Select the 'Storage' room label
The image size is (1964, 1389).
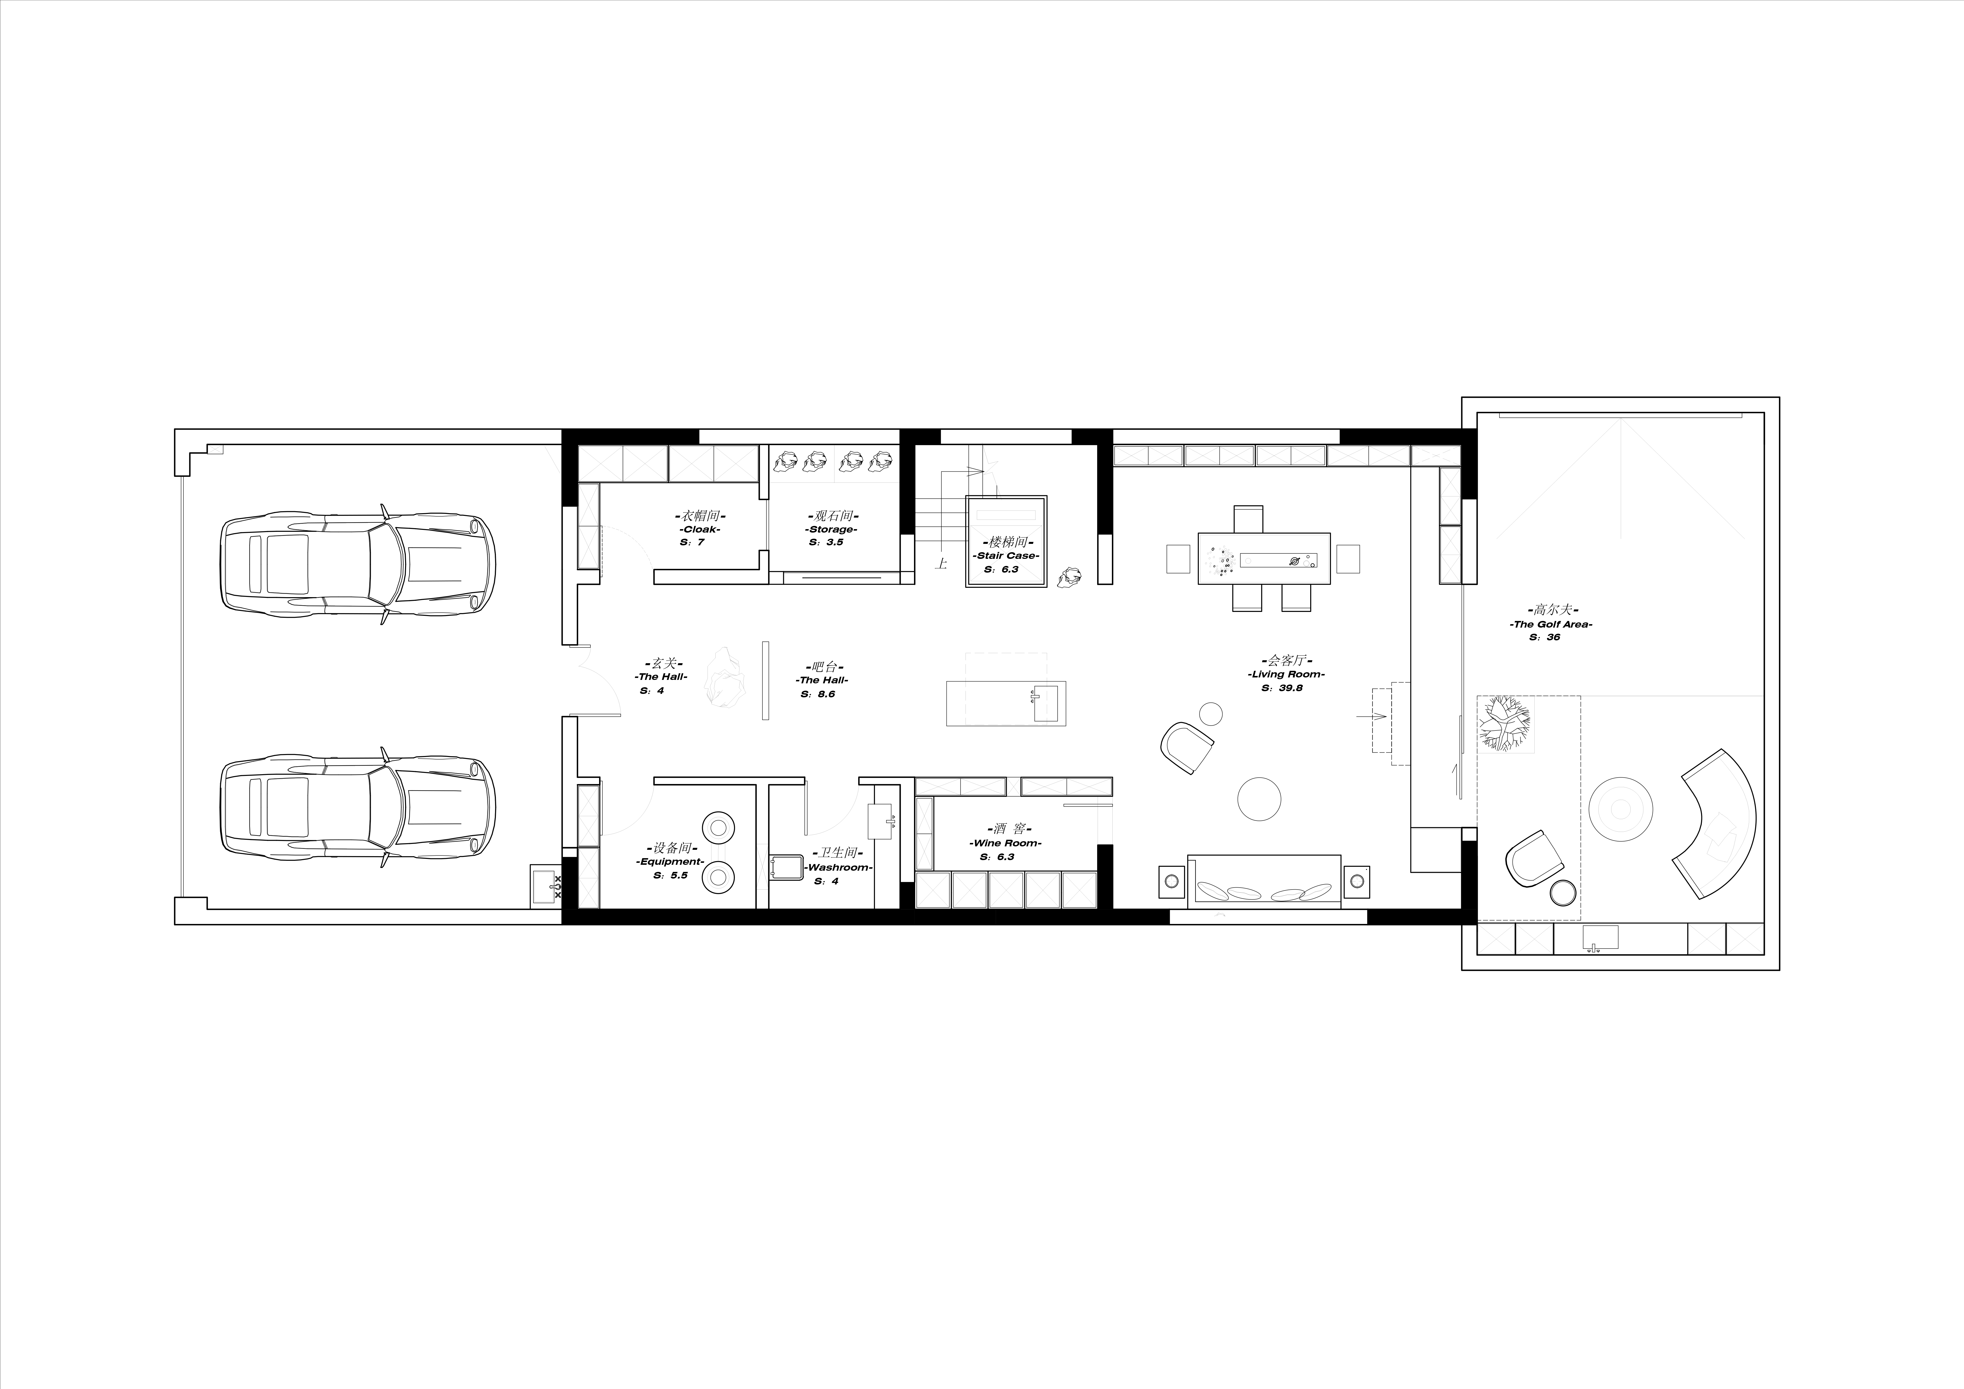832,529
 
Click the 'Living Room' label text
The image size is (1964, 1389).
1286,674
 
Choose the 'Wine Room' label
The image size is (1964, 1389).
1005,843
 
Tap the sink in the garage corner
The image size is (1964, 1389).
546,884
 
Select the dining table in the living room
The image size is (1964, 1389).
1264,559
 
